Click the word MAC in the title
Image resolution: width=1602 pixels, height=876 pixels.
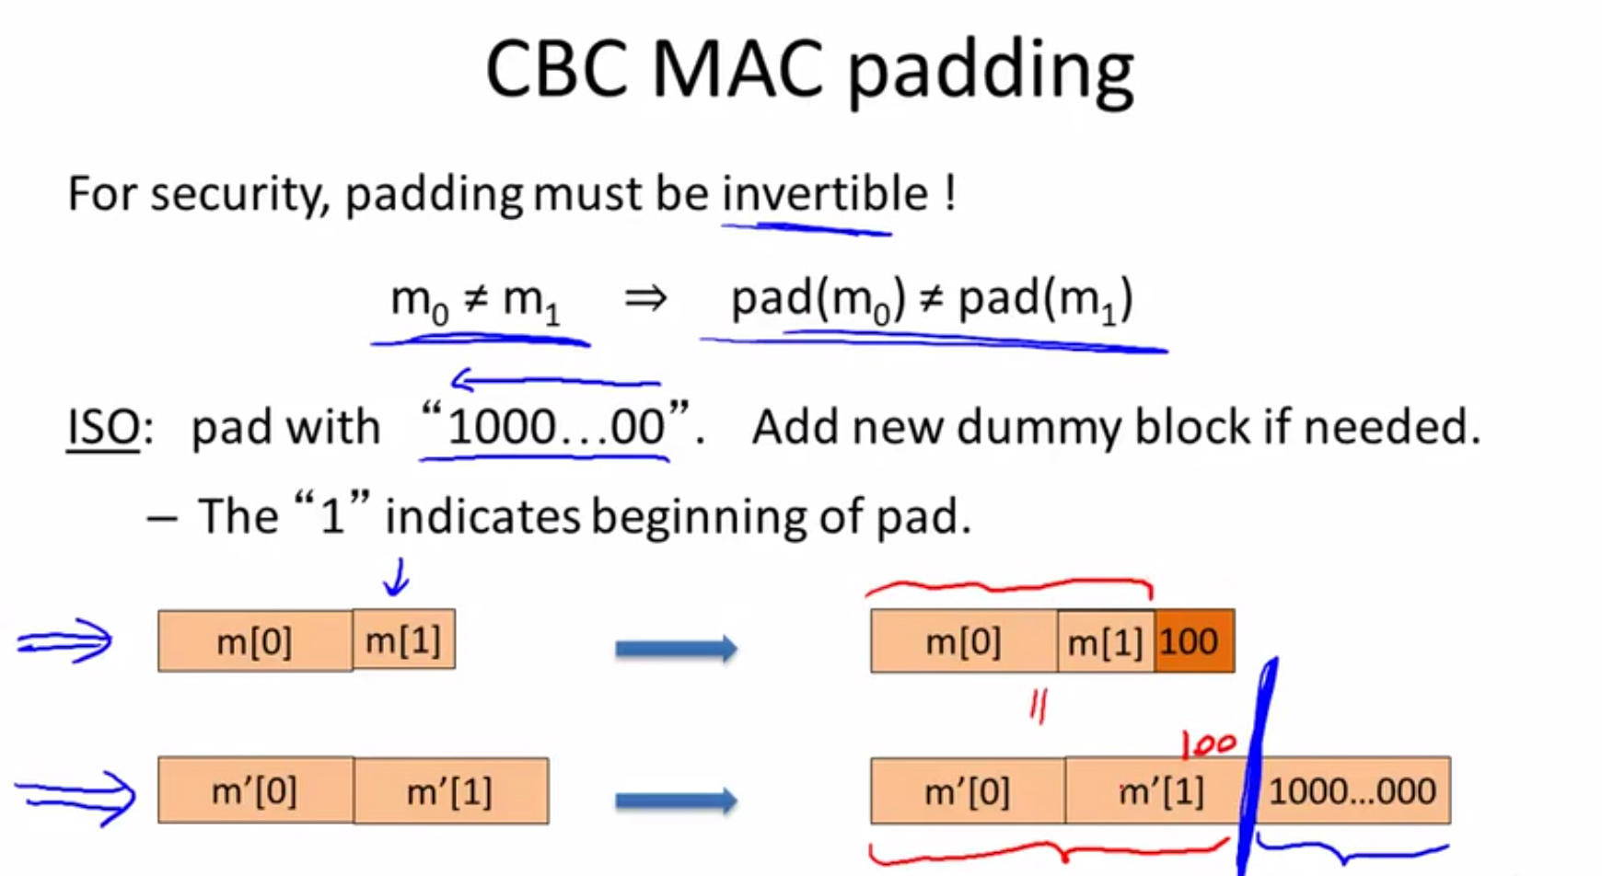737,69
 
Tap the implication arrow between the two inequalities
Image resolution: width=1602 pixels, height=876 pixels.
644,299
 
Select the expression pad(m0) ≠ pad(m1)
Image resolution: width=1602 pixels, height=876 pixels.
932,301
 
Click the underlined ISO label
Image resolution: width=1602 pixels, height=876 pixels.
103,428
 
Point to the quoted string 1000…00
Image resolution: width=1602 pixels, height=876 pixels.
555,428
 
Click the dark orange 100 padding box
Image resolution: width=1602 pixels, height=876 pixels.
1193,641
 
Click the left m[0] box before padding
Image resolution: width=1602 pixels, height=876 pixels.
254,641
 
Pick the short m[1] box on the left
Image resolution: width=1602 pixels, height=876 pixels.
403,640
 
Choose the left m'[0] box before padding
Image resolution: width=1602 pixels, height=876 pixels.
255,790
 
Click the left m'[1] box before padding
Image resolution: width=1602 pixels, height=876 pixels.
450,790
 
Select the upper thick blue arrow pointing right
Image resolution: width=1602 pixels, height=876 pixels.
676,649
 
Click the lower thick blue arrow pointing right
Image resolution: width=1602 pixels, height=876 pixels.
676,800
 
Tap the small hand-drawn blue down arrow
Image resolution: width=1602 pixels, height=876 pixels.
397,578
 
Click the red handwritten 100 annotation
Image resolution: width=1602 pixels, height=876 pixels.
1208,743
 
